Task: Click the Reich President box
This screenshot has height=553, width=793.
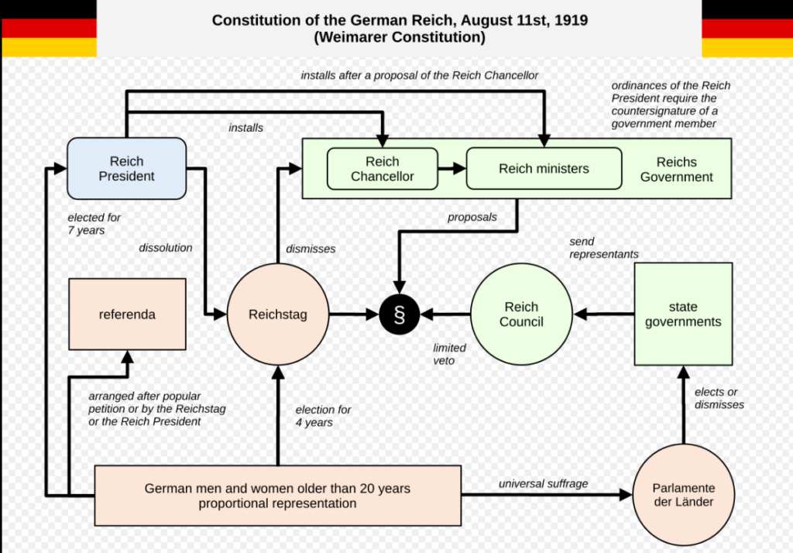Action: (126, 169)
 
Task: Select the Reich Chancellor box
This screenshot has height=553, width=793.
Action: (383, 169)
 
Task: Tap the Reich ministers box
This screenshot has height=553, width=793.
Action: (544, 169)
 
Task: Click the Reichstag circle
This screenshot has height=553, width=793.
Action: (278, 314)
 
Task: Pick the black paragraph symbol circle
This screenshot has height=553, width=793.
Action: (400, 314)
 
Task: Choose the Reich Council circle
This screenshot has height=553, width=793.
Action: (521, 314)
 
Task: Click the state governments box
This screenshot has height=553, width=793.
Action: (683, 314)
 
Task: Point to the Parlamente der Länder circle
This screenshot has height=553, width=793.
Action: (683, 495)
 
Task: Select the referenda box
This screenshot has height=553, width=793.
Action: (127, 314)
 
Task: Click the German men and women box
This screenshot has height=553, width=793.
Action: (278, 496)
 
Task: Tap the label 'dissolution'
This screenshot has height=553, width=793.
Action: (166, 248)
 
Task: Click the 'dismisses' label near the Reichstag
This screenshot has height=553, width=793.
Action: (311, 249)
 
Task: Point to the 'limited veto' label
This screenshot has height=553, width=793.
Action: (449, 354)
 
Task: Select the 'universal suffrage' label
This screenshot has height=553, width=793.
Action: (543, 484)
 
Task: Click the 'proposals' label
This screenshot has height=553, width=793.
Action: (472, 217)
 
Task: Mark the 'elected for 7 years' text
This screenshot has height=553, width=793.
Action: (94, 224)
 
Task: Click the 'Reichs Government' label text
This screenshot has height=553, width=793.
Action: (676, 169)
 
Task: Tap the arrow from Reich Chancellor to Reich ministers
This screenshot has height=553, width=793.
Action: (452, 169)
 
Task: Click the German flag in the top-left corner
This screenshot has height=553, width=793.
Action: (49, 29)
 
